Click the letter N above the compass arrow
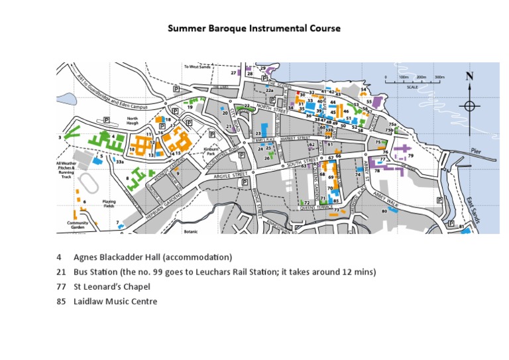[x=470, y=76]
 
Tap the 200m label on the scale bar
[x=421, y=78]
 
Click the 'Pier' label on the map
[x=477, y=151]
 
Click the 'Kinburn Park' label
[x=211, y=151]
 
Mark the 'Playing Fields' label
[x=109, y=203]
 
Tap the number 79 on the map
[x=410, y=156]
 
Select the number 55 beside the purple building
[x=369, y=102]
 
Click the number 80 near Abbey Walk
[x=384, y=211]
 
